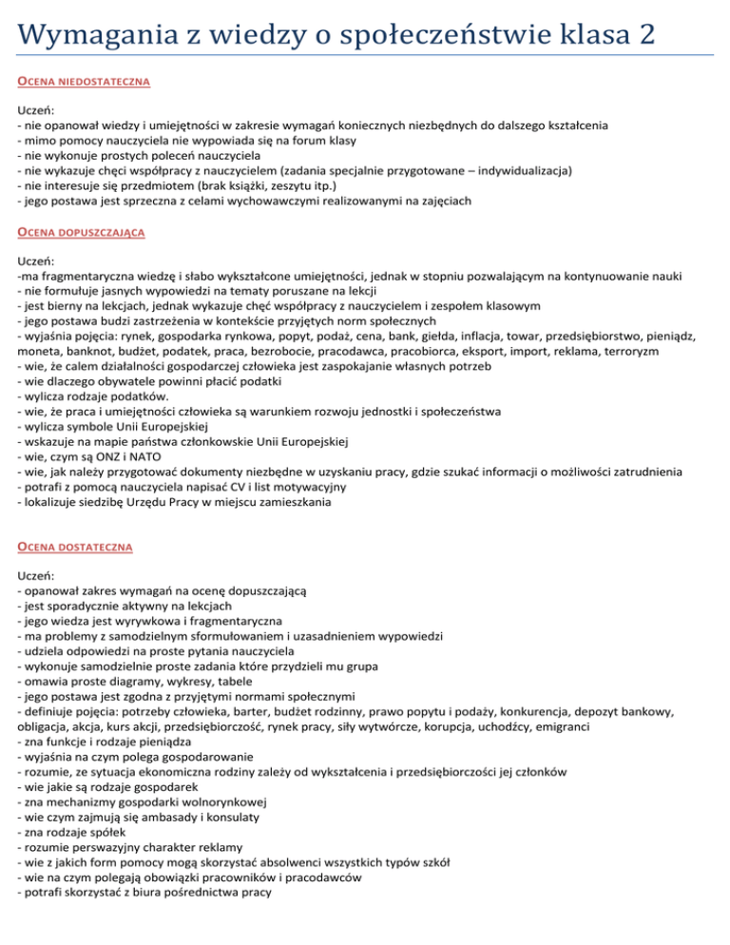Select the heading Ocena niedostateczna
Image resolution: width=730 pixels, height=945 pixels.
(84, 83)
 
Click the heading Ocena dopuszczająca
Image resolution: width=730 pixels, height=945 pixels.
(81, 231)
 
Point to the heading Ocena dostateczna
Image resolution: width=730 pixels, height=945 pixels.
(74, 548)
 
